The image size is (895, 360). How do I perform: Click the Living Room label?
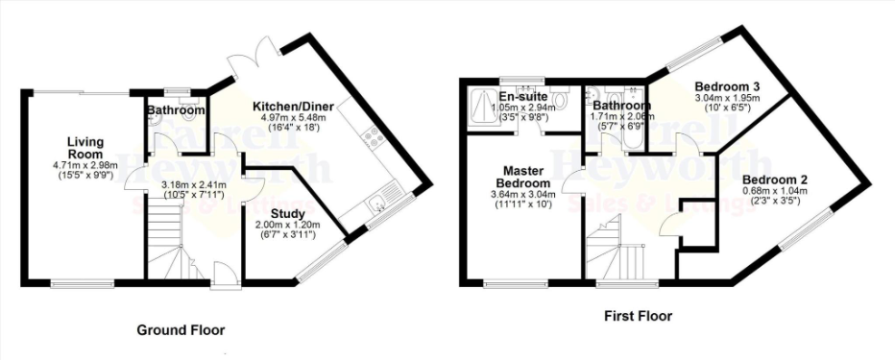(85, 148)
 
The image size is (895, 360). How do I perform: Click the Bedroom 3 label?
(727, 84)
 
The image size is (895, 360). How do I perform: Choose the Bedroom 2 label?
(775, 179)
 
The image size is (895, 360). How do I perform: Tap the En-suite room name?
(523, 97)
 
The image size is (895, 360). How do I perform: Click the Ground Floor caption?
(181, 330)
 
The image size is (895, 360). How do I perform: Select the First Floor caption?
(637, 315)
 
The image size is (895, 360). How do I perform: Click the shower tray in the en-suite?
(479, 103)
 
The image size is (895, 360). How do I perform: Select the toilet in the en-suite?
(567, 100)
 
